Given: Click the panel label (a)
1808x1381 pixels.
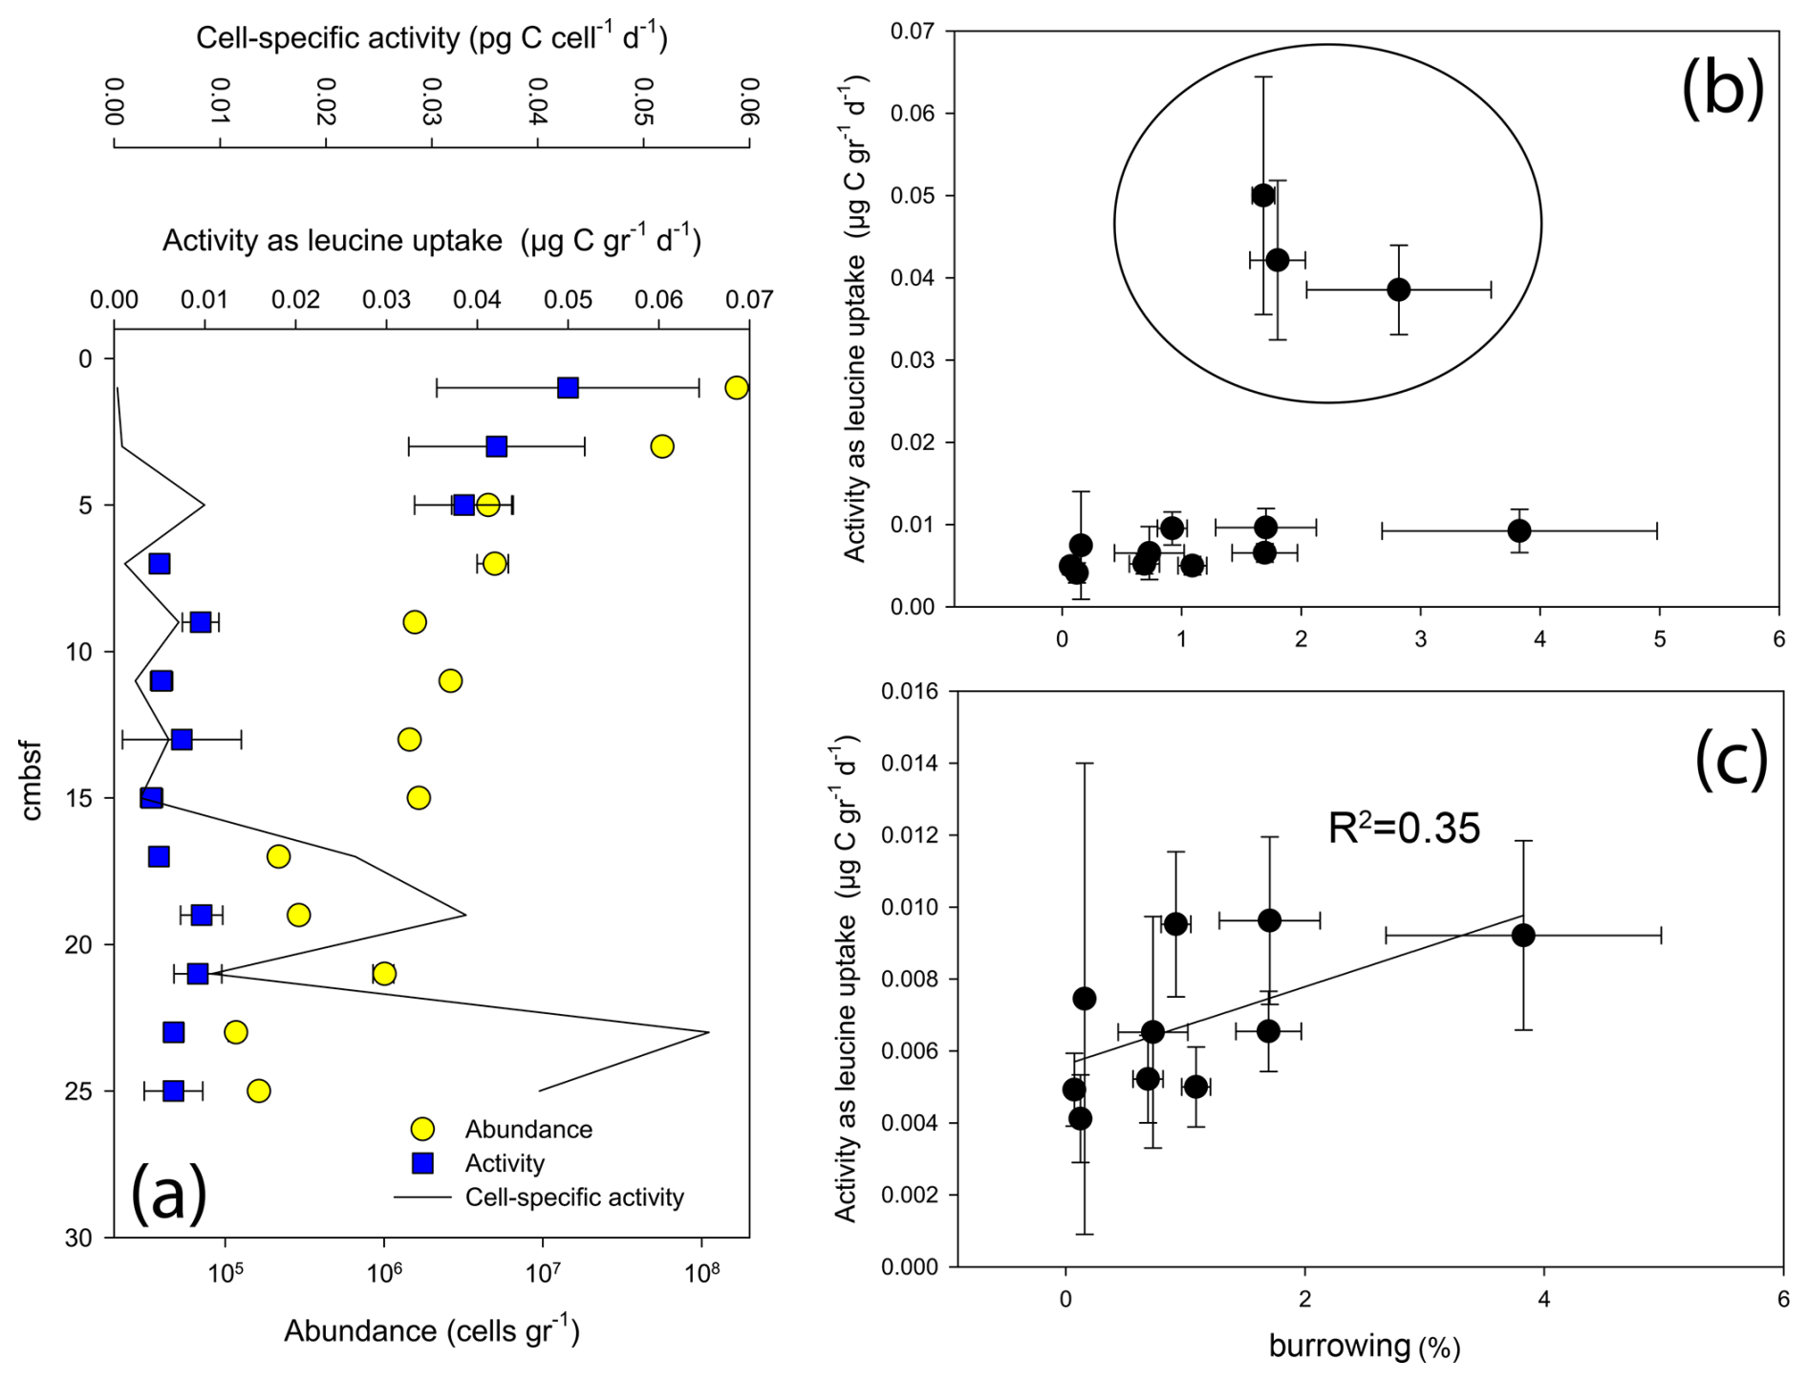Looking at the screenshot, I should pos(168,1192).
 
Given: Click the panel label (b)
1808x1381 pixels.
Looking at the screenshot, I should pos(1722,88).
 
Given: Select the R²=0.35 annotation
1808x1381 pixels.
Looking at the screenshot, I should pos(1404,828).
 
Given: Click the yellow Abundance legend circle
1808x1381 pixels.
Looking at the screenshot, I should pos(422,1129).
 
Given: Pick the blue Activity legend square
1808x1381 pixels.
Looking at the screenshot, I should pos(422,1163).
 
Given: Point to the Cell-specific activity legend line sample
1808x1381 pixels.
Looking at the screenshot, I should pos(422,1198).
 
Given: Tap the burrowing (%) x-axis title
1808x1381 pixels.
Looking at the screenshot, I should pos(1364,1347).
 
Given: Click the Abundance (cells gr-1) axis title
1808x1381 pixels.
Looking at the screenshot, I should pos(431,1330).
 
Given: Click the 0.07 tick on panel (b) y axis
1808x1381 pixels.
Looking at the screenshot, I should pos(913,32).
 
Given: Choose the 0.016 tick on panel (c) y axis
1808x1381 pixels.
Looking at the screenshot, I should pos(907,691).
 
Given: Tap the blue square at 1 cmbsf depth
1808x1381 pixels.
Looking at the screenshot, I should pos(569,388).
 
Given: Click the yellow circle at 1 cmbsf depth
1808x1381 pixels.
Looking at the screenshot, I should pos(736,387).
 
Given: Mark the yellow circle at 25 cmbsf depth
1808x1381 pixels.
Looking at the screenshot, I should pos(258,1090).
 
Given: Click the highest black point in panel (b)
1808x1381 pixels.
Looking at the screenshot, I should pos(1263,196).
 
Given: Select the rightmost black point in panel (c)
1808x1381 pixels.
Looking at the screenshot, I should pos(1523,935).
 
